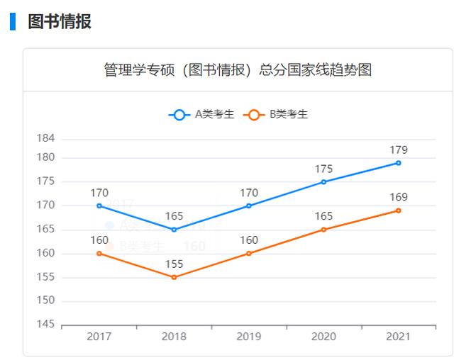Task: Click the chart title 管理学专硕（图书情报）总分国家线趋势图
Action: click(238, 70)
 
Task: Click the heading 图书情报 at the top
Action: click(59, 21)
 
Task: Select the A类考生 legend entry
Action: click(202, 115)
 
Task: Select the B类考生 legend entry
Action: click(276, 115)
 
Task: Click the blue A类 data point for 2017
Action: click(99, 206)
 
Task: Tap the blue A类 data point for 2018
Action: click(174, 230)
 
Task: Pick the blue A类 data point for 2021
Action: click(398, 163)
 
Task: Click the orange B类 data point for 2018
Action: click(174, 277)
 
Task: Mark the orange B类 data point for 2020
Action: click(323, 230)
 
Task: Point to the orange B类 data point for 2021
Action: click(398, 210)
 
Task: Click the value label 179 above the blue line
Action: click(398, 150)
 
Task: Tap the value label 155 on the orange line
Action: click(174, 264)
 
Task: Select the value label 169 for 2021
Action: click(398, 197)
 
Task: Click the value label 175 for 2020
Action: click(323, 169)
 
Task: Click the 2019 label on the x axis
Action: click(249, 337)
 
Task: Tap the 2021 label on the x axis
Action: click(398, 337)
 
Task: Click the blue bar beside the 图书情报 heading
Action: click(12, 21)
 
